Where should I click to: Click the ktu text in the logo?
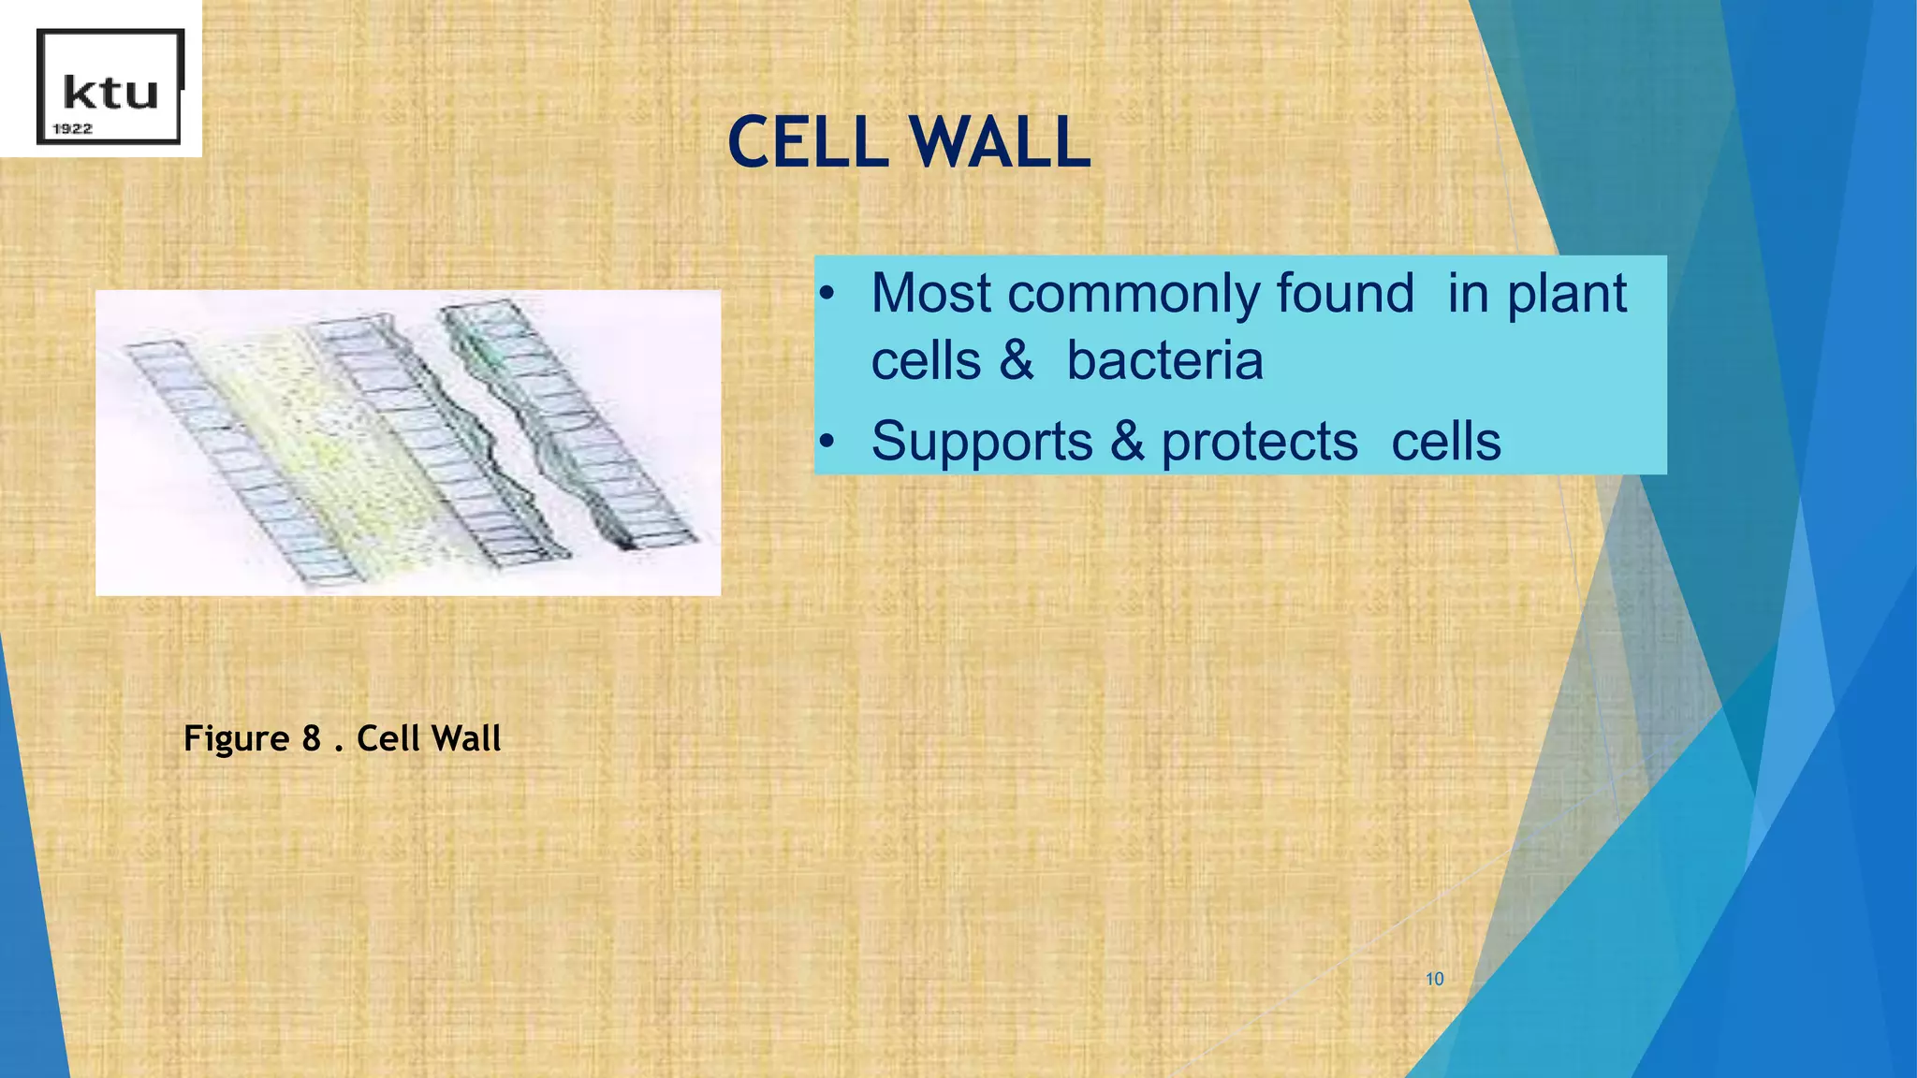(110, 93)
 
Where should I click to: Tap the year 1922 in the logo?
(72, 129)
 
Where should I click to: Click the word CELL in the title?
(807, 143)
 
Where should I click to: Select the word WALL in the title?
(999, 143)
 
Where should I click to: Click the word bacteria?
(1164, 361)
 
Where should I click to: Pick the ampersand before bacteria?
(1017, 361)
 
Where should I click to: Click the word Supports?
(981, 443)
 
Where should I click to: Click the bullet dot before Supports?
(826, 441)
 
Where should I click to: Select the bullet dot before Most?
(826, 295)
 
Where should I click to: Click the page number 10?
(1434, 979)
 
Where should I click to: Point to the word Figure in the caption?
(236, 739)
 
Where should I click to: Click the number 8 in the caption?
(312, 739)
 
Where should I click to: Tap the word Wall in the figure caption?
(466, 738)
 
